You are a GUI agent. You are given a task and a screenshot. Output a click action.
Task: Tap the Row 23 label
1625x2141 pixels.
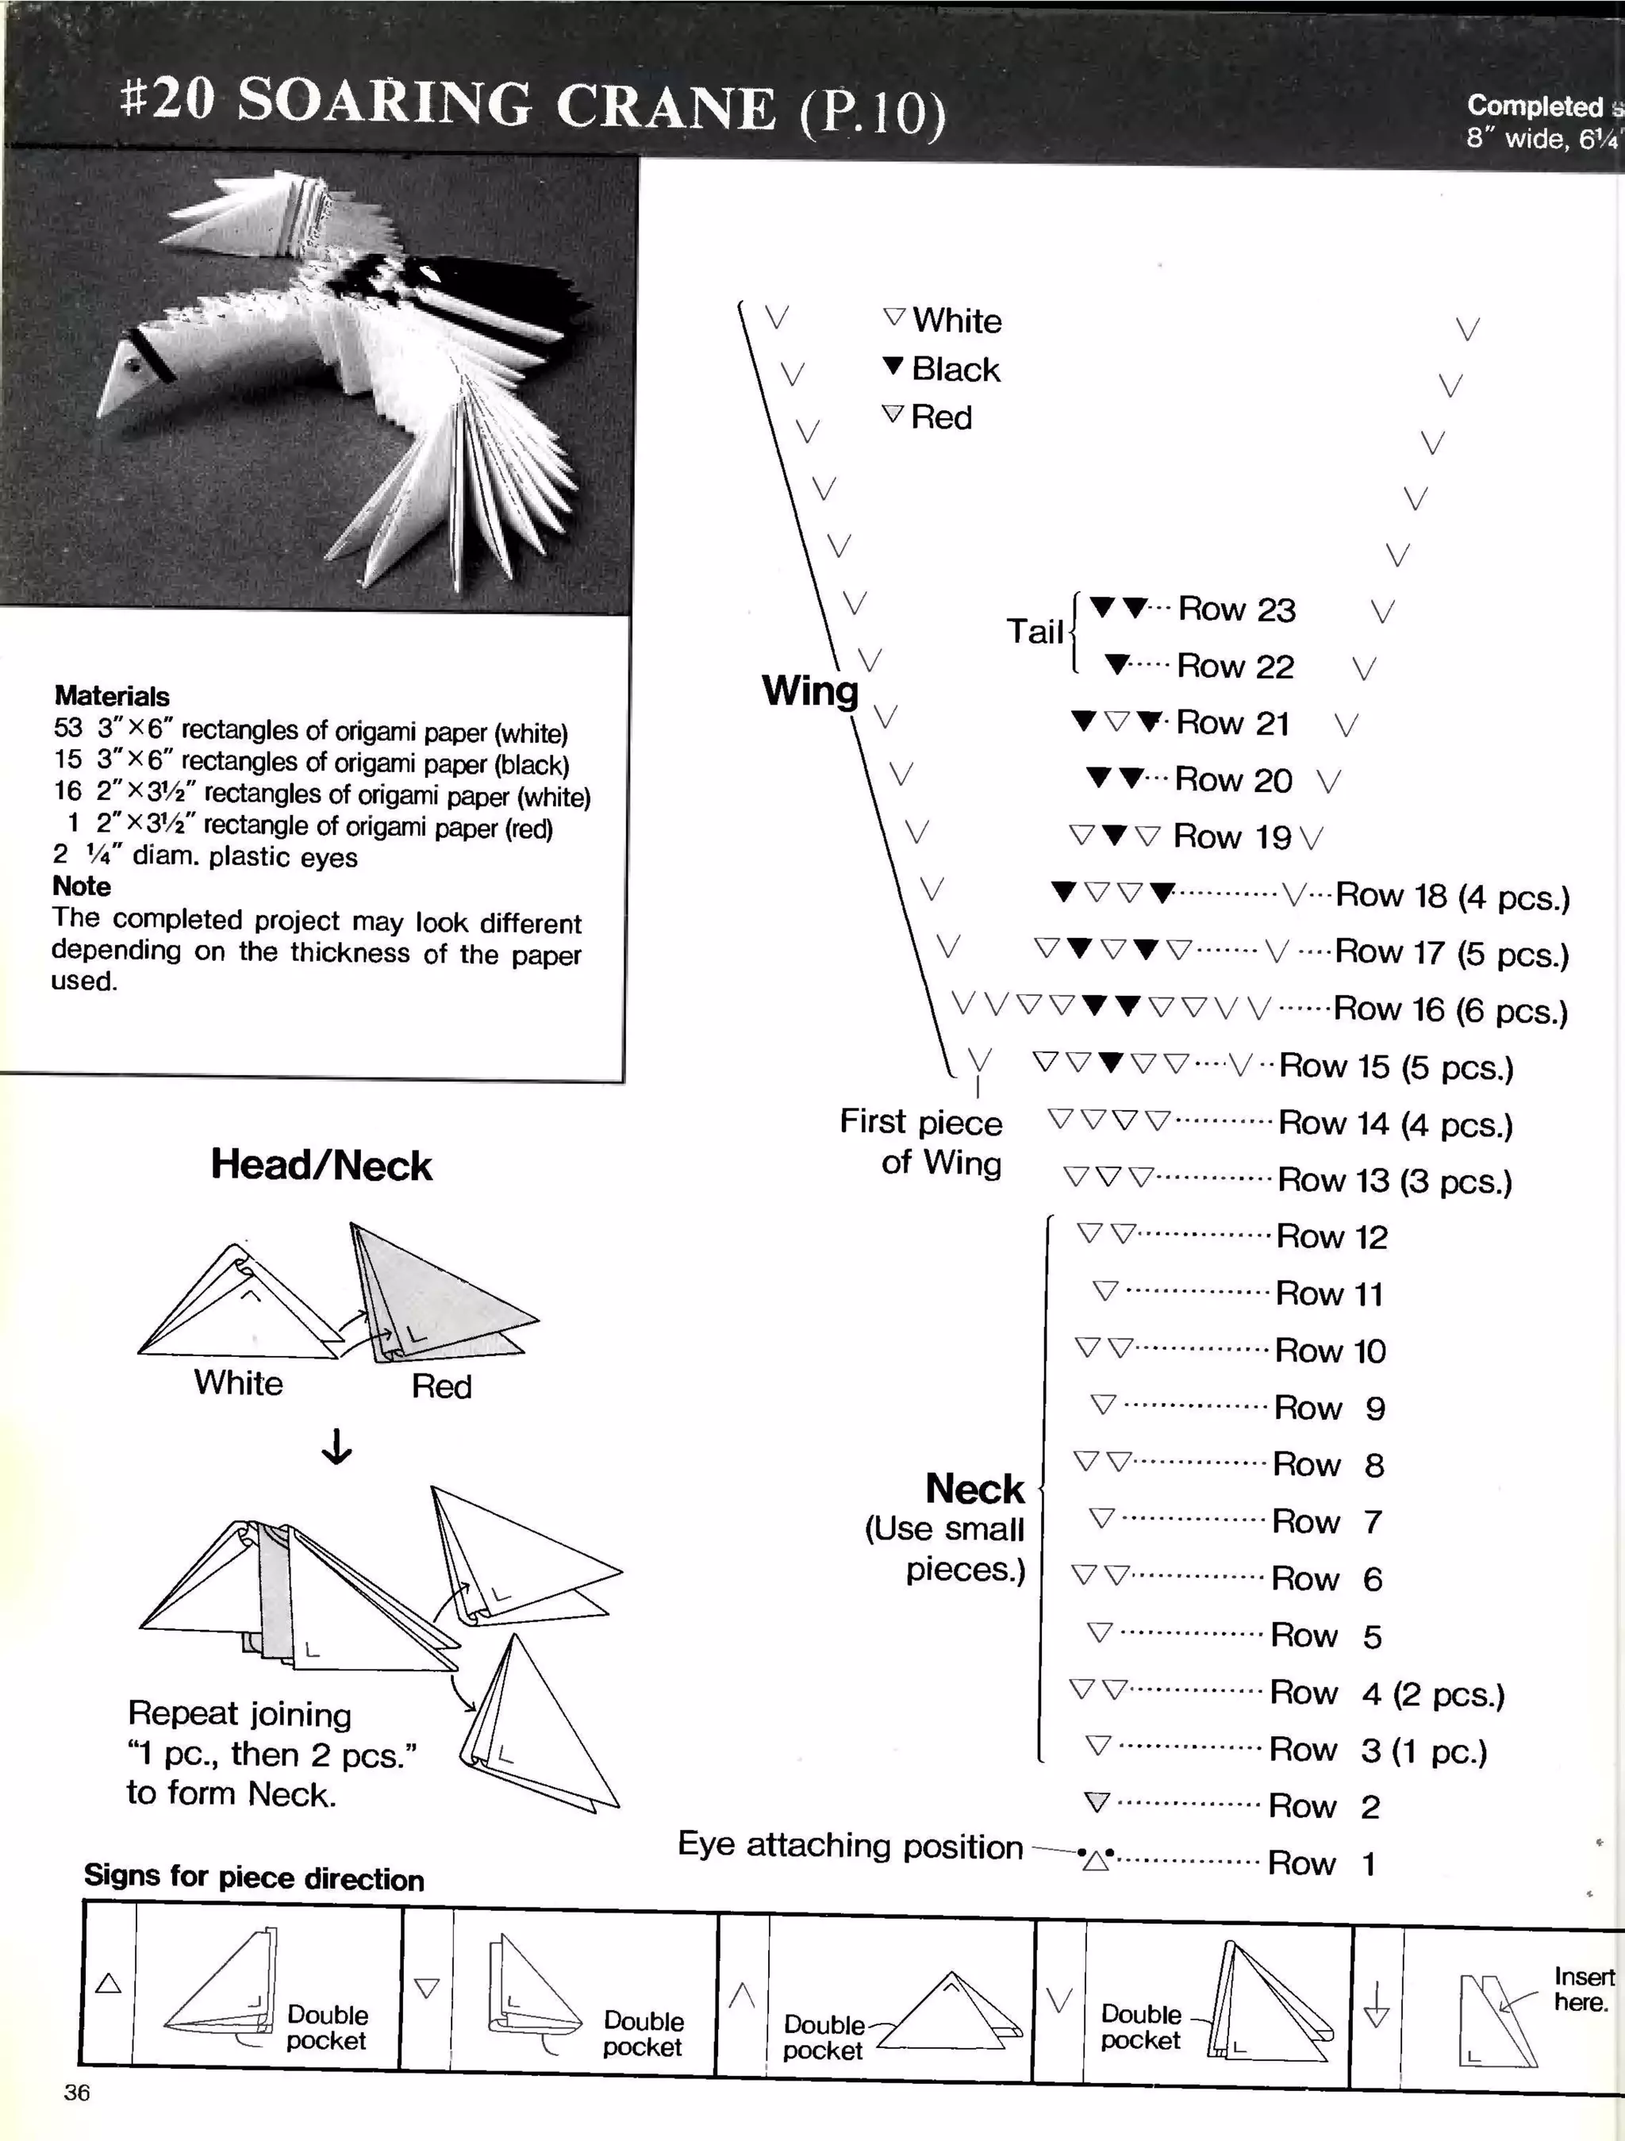(x=1236, y=609)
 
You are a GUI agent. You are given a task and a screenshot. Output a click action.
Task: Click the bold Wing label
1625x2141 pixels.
(x=810, y=691)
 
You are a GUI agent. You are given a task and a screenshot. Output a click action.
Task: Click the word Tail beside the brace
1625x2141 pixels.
(x=1035, y=631)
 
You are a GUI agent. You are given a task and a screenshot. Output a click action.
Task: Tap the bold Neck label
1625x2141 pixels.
(x=974, y=1489)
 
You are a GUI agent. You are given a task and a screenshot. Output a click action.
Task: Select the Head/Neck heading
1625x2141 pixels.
(x=321, y=1164)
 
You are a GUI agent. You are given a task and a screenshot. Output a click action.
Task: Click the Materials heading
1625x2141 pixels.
(x=111, y=696)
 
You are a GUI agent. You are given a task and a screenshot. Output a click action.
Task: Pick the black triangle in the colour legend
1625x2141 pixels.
(x=893, y=366)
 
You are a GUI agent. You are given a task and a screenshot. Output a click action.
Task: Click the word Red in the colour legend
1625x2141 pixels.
(x=941, y=417)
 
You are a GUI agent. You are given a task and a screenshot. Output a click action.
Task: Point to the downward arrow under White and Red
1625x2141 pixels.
(x=336, y=1448)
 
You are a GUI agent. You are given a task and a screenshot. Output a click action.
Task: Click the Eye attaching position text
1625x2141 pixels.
(x=850, y=1845)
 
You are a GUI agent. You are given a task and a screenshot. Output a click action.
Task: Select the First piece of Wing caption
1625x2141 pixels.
(x=921, y=1142)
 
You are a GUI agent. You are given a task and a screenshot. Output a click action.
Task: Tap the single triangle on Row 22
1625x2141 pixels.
(x=1117, y=665)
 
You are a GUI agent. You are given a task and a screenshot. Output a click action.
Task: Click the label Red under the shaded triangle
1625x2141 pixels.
(x=441, y=1386)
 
